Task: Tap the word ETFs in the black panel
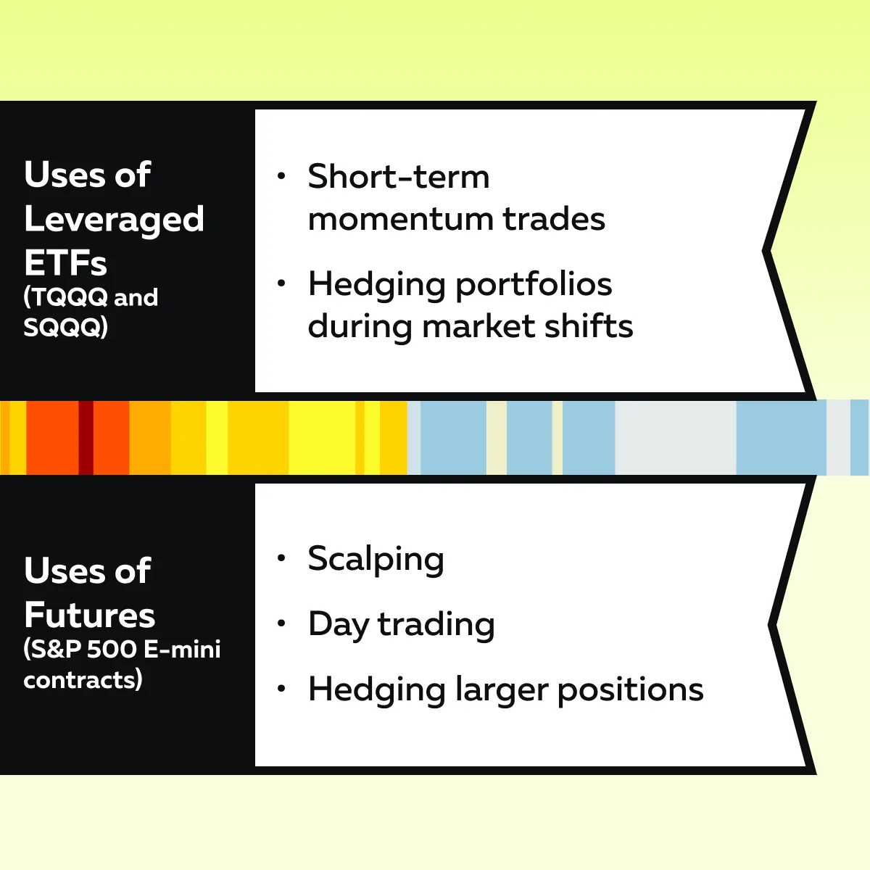point(65,262)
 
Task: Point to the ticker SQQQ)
point(66,327)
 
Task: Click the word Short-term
point(399,176)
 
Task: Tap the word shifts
point(589,326)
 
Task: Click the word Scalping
point(376,560)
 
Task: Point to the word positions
point(631,691)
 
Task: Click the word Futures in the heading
point(89,615)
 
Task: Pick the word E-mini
point(183,650)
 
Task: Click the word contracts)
point(83,680)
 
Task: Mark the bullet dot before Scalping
point(281,558)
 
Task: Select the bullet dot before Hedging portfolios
point(281,283)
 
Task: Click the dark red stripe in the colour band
point(86,437)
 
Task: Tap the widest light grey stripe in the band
point(676,437)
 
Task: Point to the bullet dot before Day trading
point(281,623)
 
